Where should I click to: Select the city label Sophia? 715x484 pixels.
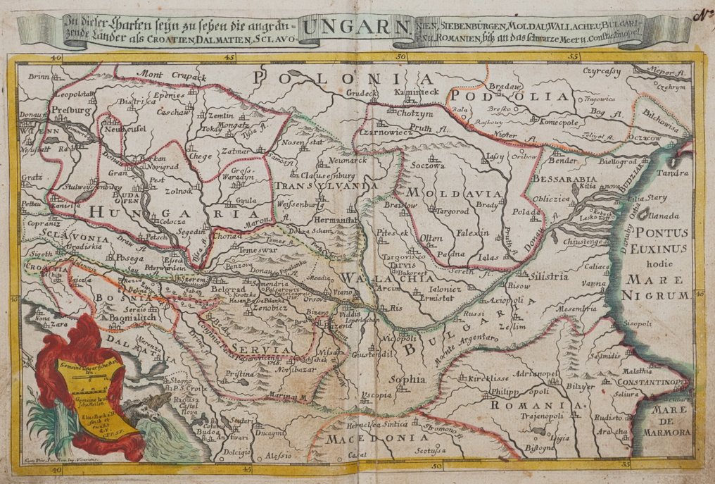click(412, 380)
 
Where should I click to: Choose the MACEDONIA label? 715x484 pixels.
click(366, 439)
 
